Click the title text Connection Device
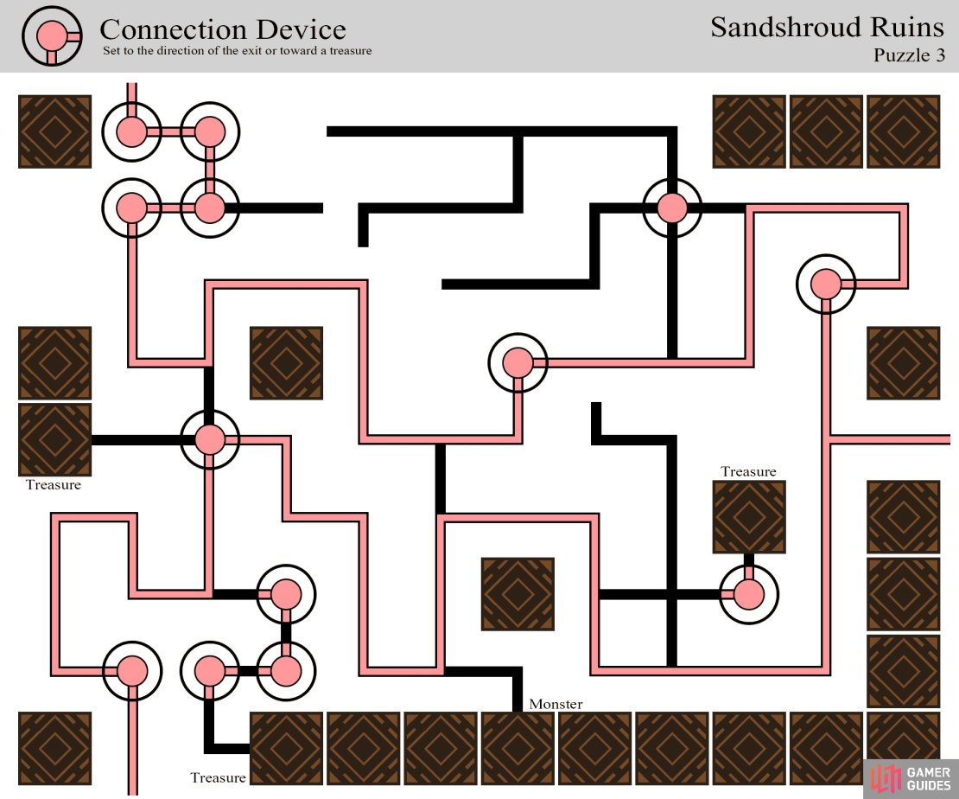pyautogui.click(x=223, y=29)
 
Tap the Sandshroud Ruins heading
pyautogui.click(x=827, y=27)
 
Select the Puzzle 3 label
pyautogui.click(x=909, y=55)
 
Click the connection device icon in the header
pyautogui.click(x=52, y=36)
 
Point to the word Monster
pyautogui.click(x=556, y=704)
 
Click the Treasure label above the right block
pyautogui.click(x=748, y=471)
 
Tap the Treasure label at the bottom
pyautogui.click(x=218, y=777)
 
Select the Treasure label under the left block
pyautogui.click(x=54, y=485)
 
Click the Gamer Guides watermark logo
pyautogui.click(x=911, y=779)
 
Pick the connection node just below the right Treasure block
pyautogui.click(x=748, y=594)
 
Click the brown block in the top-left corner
pyautogui.click(x=55, y=131)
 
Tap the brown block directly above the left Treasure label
pyautogui.click(x=55, y=439)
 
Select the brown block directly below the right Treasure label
pyautogui.click(x=749, y=517)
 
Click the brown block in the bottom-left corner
pyautogui.click(x=55, y=748)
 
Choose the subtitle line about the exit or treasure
pyautogui.click(x=238, y=51)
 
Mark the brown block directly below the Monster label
pyautogui.click(x=518, y=748)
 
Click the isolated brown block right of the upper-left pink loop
pyautogui.click(x=286, y=363)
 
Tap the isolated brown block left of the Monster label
pyautogui.click(x=518, y=594)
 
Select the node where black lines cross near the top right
pyautogui.click(x=672, y=208)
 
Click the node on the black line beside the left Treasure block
pyautogui.click(x=210, y=439)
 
